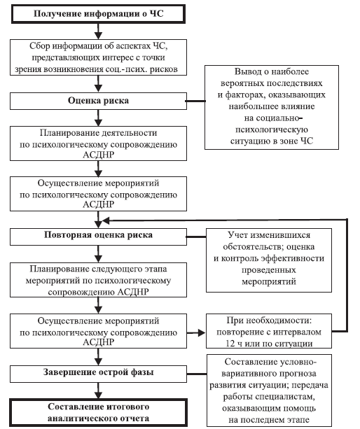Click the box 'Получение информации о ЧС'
98,14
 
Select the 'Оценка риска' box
98,101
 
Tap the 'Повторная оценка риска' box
98,237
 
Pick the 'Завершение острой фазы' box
98,374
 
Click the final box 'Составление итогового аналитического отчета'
98,413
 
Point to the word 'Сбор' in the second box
40,46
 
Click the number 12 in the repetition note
230,344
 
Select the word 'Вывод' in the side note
246,71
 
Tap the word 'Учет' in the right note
237,235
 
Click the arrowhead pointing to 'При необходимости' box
202,332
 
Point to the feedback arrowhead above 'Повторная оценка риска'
106,220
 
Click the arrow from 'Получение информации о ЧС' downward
98,31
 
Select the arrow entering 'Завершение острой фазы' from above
98,357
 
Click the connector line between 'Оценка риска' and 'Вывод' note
195,101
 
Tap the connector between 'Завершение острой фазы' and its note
197,374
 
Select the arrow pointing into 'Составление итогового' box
98,391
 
